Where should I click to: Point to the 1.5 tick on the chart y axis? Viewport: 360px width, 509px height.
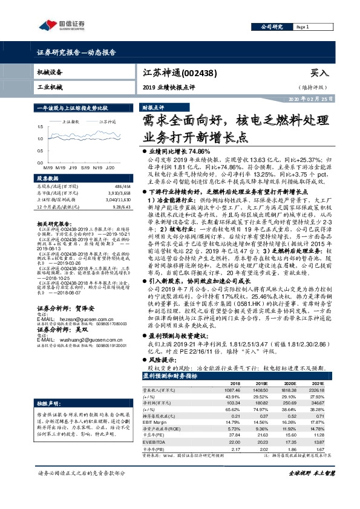[40, 127]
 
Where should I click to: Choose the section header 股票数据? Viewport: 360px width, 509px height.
[48, 179]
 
